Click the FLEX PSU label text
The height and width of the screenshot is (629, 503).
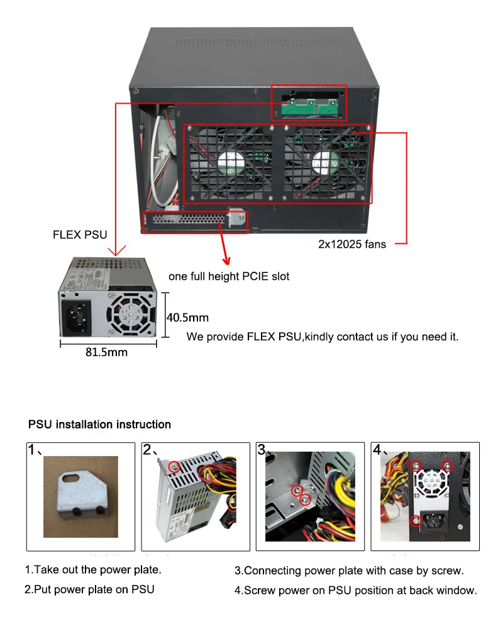point(80,235)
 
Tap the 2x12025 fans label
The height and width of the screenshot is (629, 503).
point(352,244)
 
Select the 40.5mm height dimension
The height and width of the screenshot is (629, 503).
point(187,318)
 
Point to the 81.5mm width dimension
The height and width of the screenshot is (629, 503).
point(106,352)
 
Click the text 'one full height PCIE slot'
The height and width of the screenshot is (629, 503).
point(229,277)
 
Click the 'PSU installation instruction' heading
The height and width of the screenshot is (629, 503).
point(99,425)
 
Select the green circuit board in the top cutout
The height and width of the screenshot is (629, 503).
point(308,107)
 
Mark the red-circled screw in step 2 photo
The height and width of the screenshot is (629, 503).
point(174,466)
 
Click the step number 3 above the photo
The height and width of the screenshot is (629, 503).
point(262,450)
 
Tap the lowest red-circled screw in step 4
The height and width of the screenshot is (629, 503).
point(416,520)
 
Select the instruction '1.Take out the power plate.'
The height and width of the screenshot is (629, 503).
point(93,571)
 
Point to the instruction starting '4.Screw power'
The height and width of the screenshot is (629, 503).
point(355,590)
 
